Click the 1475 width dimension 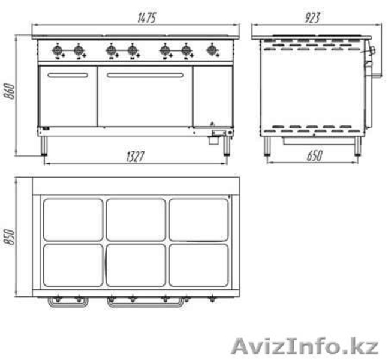tap(147, 19)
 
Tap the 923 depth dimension tap(312, 18)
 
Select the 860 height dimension tap(11, 91)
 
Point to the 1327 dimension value tap(135, 157)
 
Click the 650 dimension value tap(314, 156)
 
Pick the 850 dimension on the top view tap(10, 236)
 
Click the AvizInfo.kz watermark tap(305, 346)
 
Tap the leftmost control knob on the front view tap(58, 51)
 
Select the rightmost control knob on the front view tap(212, 50)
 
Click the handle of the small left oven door tap(68, 75)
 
